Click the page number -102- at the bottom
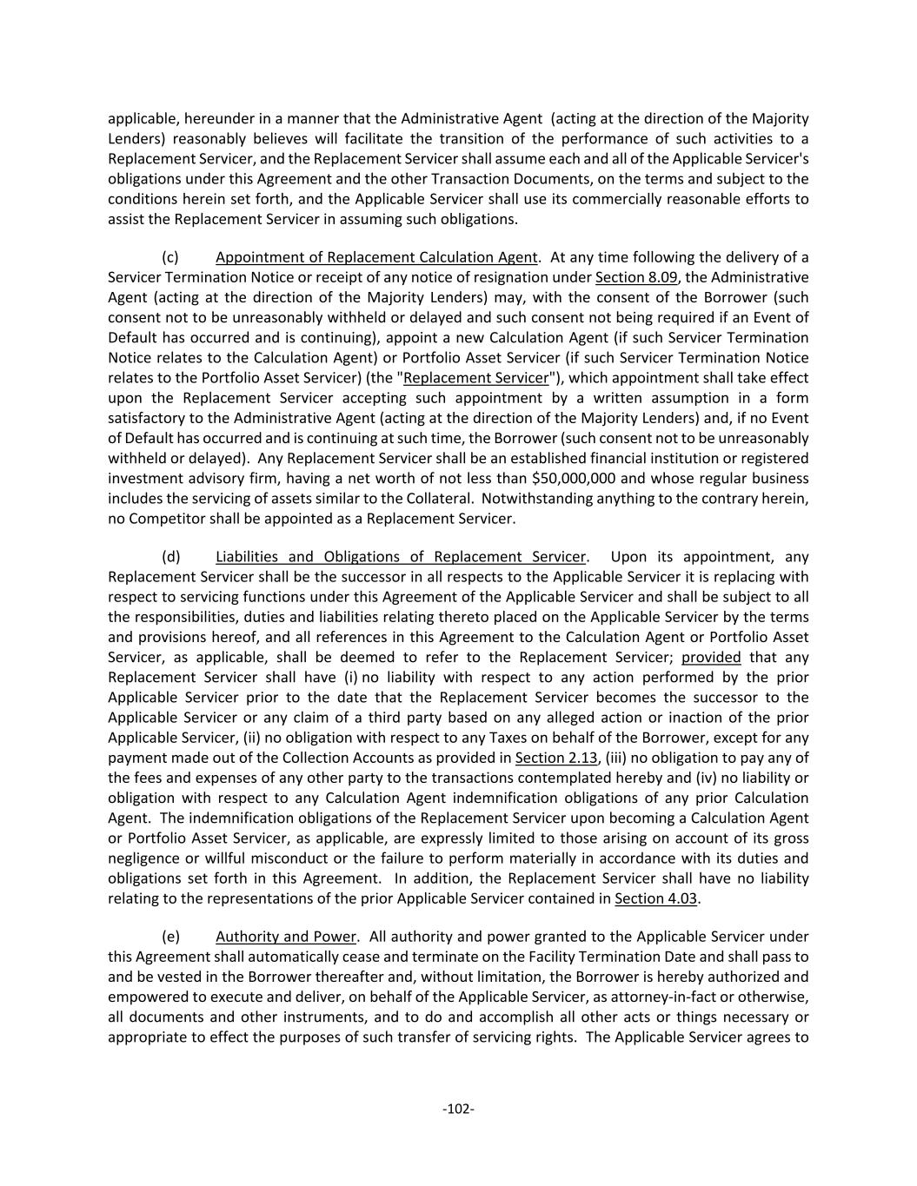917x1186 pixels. tap(458, 1109)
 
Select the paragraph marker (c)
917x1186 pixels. tap(170, 257)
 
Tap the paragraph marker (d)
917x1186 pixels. tap(170, 557)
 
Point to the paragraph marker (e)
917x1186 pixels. tap(170, 937)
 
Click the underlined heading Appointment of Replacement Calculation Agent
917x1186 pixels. tap(376, 257)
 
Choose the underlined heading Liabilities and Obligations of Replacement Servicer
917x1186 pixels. tap(401, 557)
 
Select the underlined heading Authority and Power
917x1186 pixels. tap(286, 937)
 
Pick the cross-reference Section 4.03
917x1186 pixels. tap(655, 898)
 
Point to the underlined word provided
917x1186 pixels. tap(711, 658)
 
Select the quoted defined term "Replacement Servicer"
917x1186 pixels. tap(476, 378)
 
